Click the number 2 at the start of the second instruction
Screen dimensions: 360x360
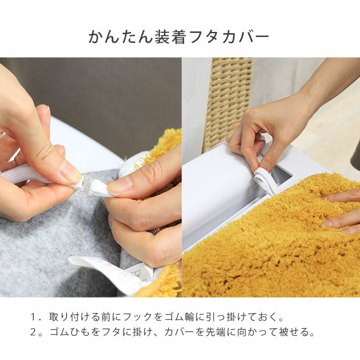pyautogui.click(x=34, y=332)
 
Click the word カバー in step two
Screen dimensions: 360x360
pyautogui.click(x=180, y=332)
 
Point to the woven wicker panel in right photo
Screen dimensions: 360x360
pyautogui.click(x=228, y=100)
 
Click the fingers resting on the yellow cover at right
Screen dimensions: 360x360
pyautogui.click(x=342, y=210)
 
